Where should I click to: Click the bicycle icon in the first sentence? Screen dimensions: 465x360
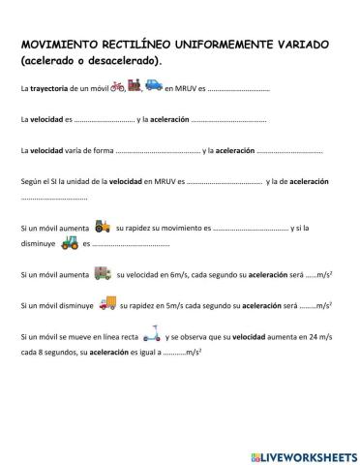click(x=119, y=87)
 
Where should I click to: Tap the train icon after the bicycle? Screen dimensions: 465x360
click(x=135, y=87)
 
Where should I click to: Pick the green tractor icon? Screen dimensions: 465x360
click(x=70, y=243)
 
